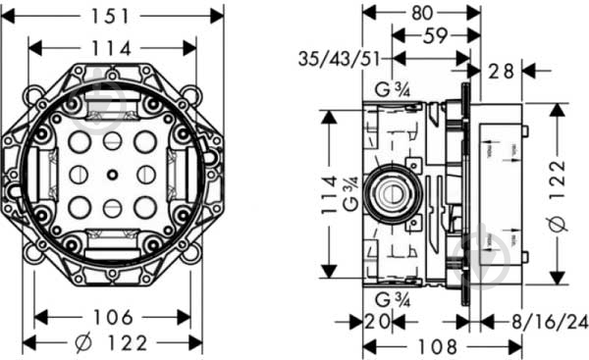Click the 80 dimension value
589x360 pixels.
tap(421, 14)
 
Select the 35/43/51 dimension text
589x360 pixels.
tap(337, 59)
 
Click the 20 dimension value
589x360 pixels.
tap(377, 322)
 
